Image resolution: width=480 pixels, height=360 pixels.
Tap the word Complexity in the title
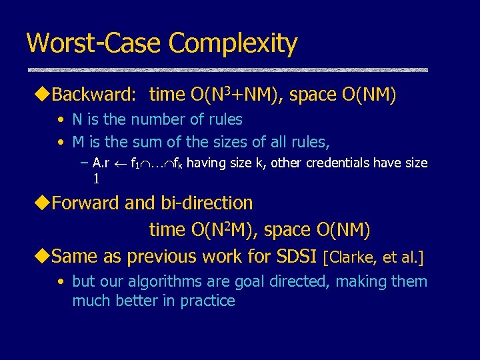(233, 45)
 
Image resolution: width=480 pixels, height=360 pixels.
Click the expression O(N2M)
(223, 230)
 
